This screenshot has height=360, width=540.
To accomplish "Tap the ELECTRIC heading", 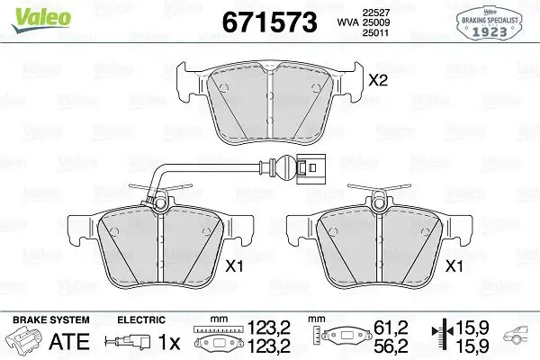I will click(142, 319).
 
